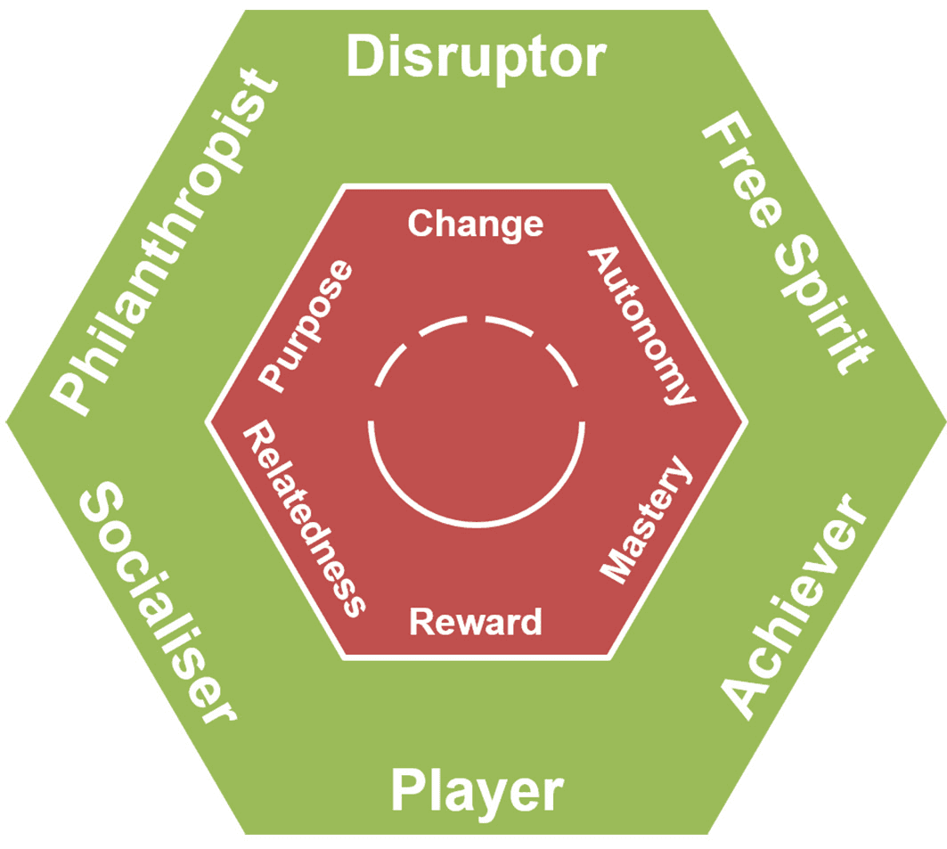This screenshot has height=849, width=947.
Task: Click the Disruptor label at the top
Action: tap(475, 59)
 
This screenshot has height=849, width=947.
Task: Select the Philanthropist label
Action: tap(163, 242)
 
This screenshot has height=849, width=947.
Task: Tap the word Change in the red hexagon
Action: tap(475, 224)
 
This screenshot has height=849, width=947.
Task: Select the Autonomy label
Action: tap(641, 324)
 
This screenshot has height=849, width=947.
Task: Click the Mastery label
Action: tap(645, 521)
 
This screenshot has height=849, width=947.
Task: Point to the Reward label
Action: tap(475, 621)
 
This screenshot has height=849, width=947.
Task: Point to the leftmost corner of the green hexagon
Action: tap(6, 421)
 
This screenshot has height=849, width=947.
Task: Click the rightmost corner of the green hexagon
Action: tap(943, 421)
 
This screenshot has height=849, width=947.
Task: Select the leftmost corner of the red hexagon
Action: tap(208, 421)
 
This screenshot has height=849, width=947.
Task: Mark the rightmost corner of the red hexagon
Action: tap(745, 421)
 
